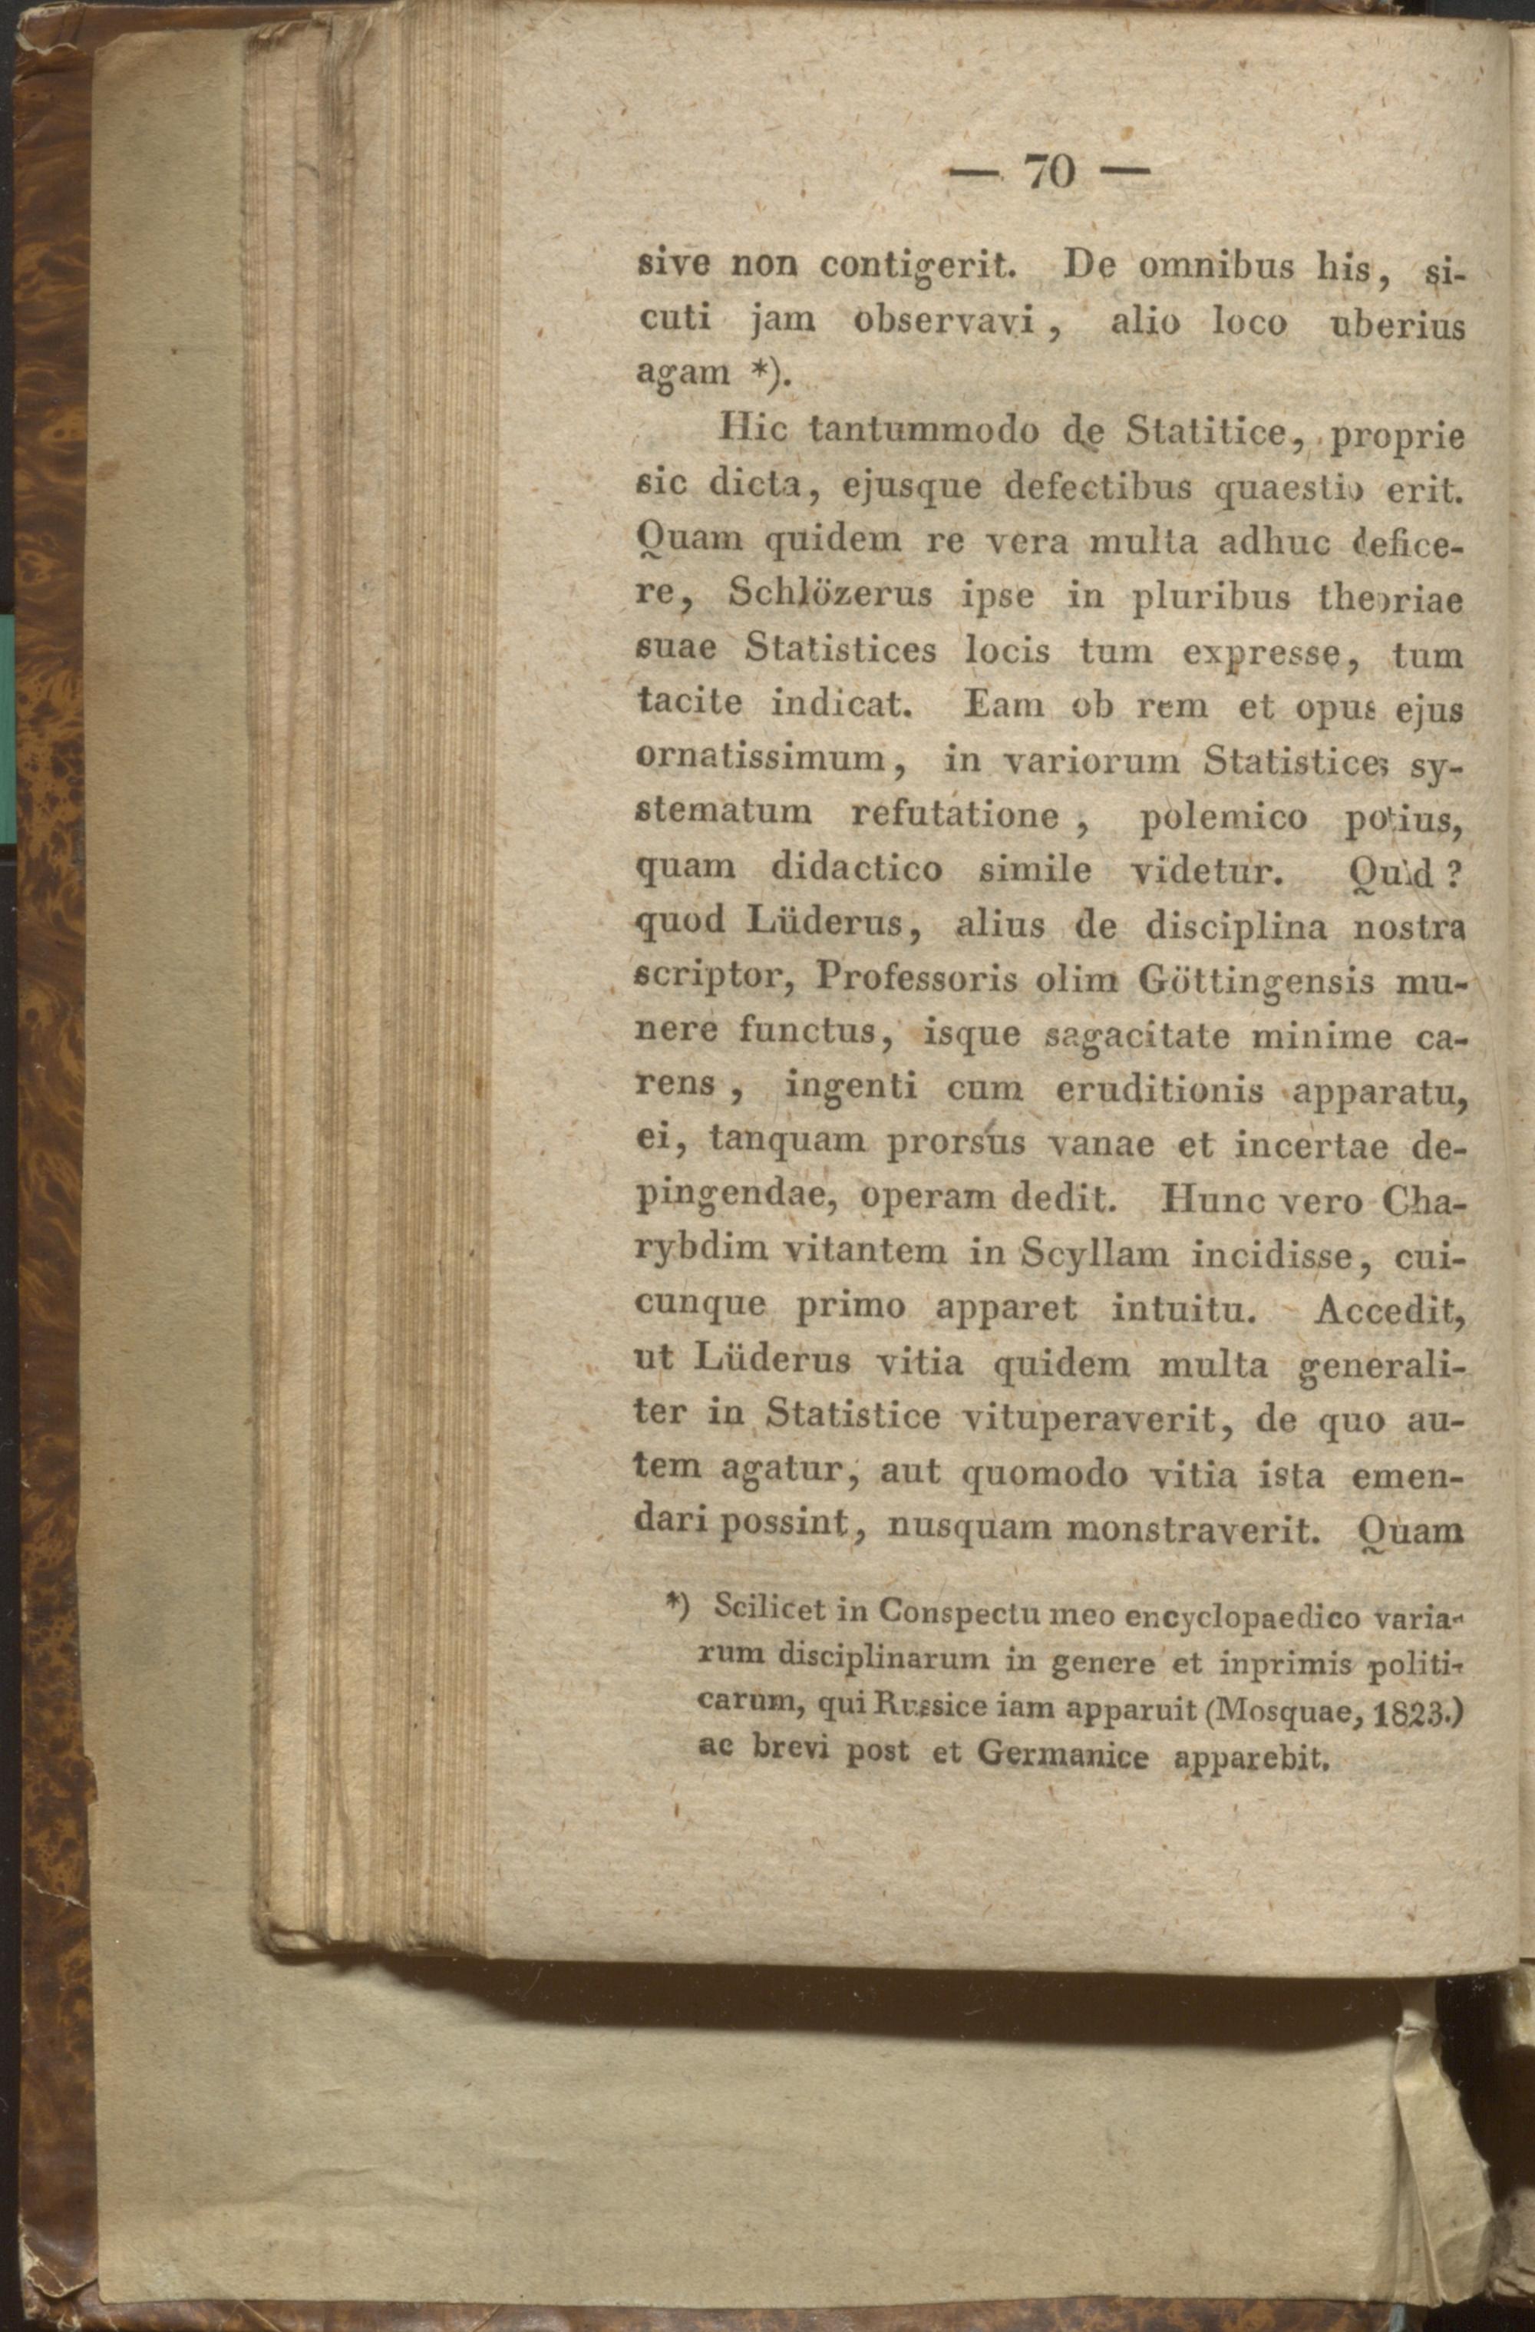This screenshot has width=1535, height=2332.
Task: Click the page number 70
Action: pos(1049,173)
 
